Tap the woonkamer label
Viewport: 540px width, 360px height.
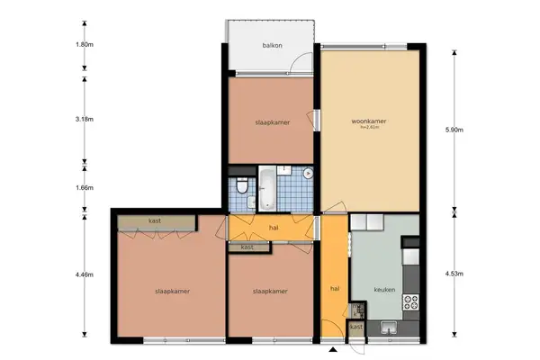(x=369, y=120)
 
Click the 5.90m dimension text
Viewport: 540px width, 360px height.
(x=455, y=130)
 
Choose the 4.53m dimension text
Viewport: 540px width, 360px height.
(x=455, y=274)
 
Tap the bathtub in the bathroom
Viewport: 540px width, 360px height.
(x=269, y=188)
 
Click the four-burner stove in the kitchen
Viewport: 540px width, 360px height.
(x=413, y=301)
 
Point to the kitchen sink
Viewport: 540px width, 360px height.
(x=390, y=327)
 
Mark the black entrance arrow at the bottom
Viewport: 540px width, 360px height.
(x=333, y=349)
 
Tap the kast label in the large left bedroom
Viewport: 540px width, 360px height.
(x=156, y=221)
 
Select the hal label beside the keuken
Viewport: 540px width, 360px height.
(x=334, y=289)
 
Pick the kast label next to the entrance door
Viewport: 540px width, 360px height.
(x=356, y=328)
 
